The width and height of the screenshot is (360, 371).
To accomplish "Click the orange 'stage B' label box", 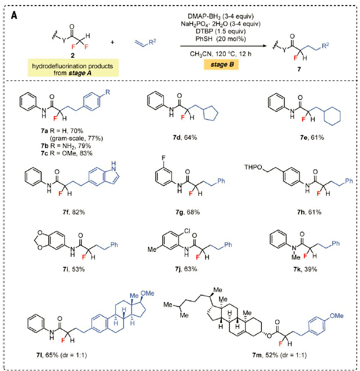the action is pos(221,64).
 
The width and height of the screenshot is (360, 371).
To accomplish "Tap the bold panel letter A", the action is pos(14,16).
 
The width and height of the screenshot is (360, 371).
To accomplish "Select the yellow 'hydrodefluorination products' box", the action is pos(73,68).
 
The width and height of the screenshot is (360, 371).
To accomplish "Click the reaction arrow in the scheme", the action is pos(224,46).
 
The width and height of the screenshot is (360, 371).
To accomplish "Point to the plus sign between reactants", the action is pos(113,42).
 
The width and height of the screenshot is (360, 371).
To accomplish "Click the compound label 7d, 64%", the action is pos(185,137).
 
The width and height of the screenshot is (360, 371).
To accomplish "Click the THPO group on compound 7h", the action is pos(253,167).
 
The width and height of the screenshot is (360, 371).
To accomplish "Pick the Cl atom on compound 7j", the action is pos(187,231).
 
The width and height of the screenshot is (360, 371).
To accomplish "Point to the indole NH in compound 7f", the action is pos(114,166).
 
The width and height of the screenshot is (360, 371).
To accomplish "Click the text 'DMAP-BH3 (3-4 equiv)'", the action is pos(221,16).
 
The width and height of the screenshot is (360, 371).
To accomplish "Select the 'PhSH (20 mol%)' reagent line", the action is pos(221,39).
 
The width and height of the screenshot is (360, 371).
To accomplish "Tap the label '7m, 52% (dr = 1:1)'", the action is pos(279,355).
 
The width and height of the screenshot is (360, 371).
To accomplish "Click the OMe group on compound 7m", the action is pos(337,316).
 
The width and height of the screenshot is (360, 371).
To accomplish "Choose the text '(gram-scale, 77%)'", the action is pos(76,138).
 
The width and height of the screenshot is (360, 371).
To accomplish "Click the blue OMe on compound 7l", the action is pos(148,293).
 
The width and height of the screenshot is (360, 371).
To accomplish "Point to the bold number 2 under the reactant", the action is pos(73,55).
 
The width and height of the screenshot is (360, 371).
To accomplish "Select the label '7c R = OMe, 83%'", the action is pos(67,153).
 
